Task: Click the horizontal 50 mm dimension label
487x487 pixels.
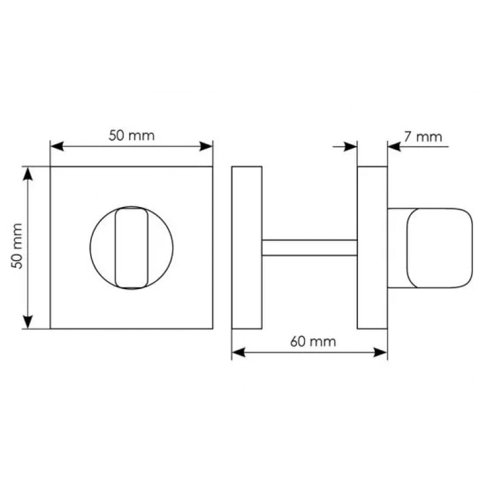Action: click(x=131, y=136)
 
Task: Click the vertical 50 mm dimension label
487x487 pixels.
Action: click(x=17, y=246)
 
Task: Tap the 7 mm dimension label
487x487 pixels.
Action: click(x=422, y=137)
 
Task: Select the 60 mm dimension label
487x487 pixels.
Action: click(x=313, y=342)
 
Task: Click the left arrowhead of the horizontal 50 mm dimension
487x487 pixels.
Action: click(x=57, y=146)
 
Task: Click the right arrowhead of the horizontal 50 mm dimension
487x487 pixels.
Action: click(x=206, y=146)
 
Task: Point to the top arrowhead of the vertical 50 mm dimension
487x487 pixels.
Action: click(x=28, y=173)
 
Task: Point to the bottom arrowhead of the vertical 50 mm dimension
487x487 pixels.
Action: click(x=28, y=322)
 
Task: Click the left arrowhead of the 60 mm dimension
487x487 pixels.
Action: click(x=239, y=352)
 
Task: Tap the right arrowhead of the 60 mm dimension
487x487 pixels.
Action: click(x=380, y=352)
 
